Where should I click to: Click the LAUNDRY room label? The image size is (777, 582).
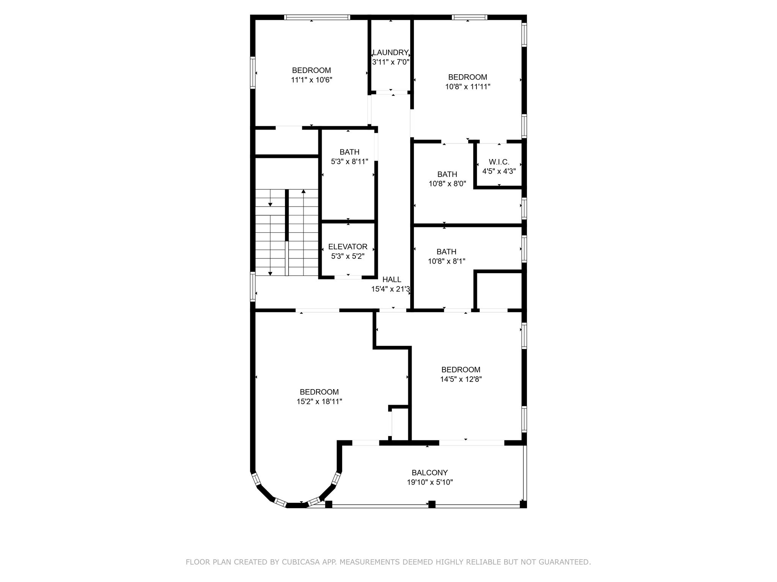point(390,53)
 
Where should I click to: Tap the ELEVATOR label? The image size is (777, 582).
point(348,247)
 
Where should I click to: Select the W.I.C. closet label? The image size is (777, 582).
point(499,162)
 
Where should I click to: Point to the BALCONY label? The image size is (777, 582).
point(429,473)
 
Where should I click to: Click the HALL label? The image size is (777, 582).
point(392,280)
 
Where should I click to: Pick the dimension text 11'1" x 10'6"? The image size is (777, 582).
point(311,80)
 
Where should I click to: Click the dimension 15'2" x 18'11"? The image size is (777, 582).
point(319,402)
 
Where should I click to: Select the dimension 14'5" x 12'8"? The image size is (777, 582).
point(461,379)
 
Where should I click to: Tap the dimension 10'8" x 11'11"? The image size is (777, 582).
point(468,87)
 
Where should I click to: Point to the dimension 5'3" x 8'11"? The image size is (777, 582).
point(349,162)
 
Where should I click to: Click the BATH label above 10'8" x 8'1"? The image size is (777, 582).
point(447,252)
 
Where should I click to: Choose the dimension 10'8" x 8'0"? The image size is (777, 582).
point(447,184)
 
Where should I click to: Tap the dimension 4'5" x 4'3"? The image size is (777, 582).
point(499,171)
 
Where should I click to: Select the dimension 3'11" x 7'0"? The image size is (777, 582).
point(390,62)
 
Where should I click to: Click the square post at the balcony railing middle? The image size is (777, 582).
point(432,504)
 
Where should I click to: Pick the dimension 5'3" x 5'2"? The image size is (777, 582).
point(348,257)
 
